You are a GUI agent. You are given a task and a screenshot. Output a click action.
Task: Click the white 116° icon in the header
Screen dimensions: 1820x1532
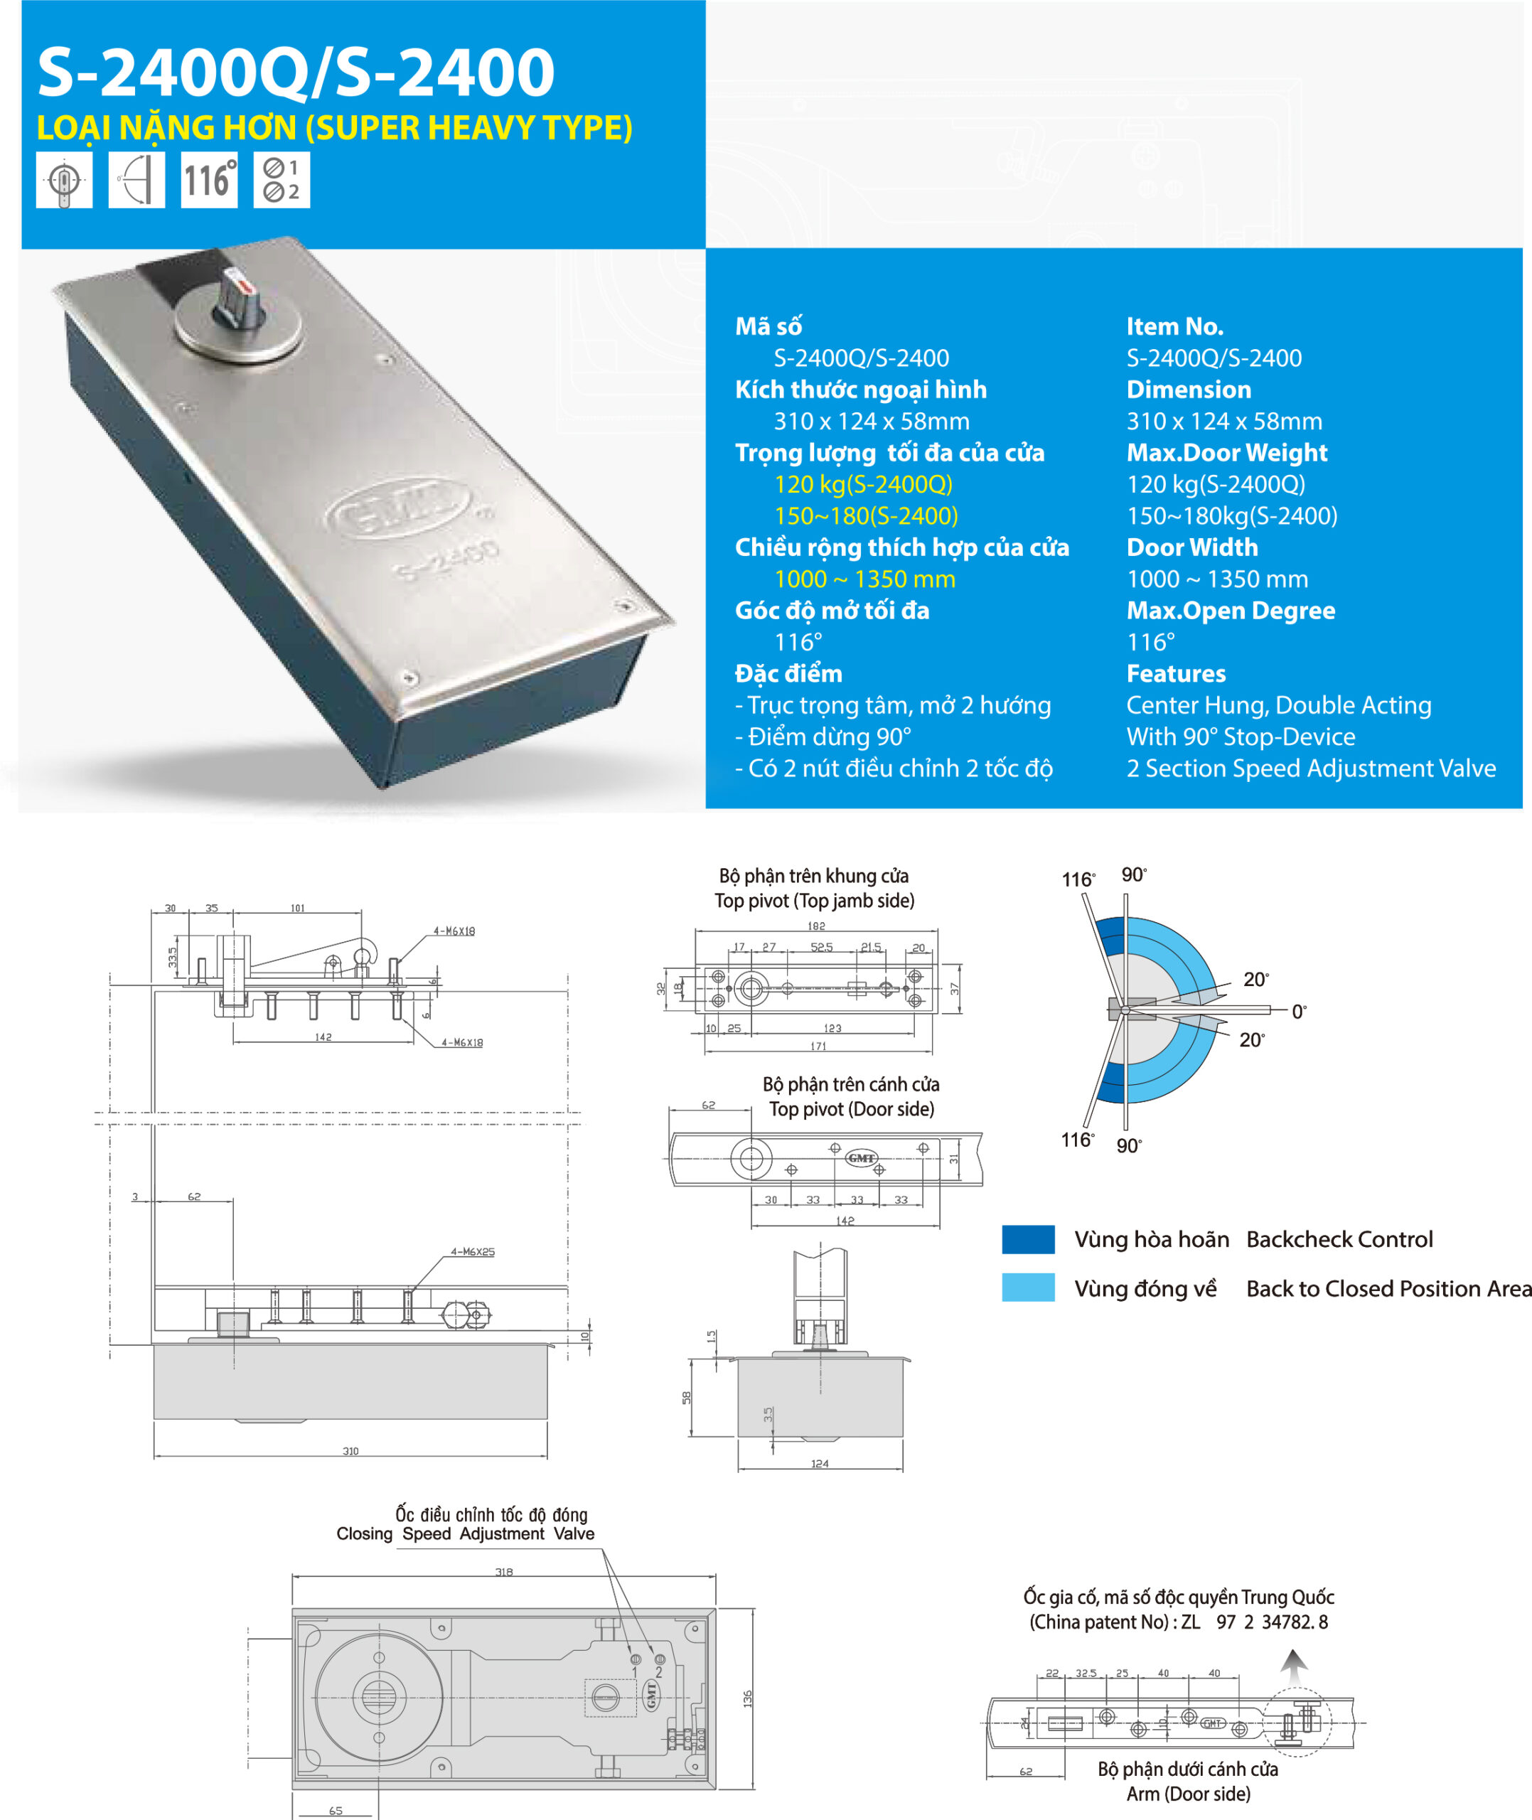coord(208,180)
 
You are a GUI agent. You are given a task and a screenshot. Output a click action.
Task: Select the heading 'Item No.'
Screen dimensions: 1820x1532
coord(1174,326)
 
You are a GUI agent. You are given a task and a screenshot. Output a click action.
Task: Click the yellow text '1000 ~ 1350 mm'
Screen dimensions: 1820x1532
coord(864,579)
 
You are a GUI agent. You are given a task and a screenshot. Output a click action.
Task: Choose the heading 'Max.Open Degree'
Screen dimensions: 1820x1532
coord(1230,611)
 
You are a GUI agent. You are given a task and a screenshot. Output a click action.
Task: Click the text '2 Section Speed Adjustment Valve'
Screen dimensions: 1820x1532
coord(1310,769)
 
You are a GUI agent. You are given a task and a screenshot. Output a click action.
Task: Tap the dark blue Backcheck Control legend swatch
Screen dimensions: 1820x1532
coord(1027,1239)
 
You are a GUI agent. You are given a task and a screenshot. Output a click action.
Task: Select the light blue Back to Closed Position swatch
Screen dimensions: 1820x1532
coord(1027,1288)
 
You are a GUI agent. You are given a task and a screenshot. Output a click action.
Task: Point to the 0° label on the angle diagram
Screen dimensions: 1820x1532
coord(1298,1012)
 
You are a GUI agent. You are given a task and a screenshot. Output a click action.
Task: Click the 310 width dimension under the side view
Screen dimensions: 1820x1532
coord(350,1451)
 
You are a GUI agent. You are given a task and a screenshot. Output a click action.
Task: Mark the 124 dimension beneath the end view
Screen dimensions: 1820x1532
coord(819,1464)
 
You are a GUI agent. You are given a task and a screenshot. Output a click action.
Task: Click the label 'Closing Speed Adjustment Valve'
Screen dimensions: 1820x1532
coord(466,1533)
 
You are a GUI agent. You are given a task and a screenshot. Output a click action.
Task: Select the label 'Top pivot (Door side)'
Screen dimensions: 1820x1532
coord(851,1109)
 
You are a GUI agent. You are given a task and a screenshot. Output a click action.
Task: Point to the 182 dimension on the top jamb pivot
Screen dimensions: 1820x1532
coord(816,926)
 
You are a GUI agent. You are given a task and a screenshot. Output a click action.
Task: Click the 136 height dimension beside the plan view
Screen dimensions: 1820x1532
coord(748,1698)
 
